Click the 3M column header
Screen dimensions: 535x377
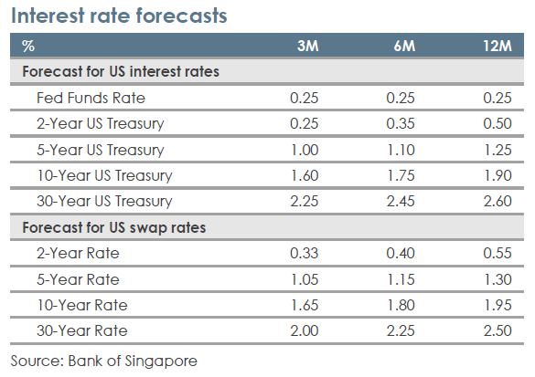tap(308, 46)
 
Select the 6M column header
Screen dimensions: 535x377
tap(404, 46)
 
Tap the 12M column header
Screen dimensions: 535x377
tap(498, 46)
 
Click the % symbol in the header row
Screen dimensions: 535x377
tap(28, 46)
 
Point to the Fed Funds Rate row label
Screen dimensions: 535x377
tap(91, 98)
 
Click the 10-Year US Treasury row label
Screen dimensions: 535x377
tap(104, 176)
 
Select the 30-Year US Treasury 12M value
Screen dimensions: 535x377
tap(498, 201)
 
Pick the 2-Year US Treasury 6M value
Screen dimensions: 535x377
tap(401, 123)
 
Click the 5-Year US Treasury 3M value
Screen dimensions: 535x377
tap(305, 151)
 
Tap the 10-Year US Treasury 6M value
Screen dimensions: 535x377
tap(401, 176)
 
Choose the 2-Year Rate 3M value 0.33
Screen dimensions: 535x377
tap(304, 254)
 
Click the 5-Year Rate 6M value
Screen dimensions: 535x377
tap(401, 280)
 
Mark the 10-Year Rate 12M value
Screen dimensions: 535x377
tap(498, 305)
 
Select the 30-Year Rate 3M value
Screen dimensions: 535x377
tap(304, 331)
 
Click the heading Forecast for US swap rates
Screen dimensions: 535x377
tap(114, 228)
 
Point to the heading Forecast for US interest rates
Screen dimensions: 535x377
tap(121, 72)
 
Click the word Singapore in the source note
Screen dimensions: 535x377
tap(161, 361)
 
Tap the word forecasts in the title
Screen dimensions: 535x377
tap(181, 16)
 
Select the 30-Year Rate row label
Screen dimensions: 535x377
tap(82, 331)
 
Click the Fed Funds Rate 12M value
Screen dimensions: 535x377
tap(498, 98)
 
